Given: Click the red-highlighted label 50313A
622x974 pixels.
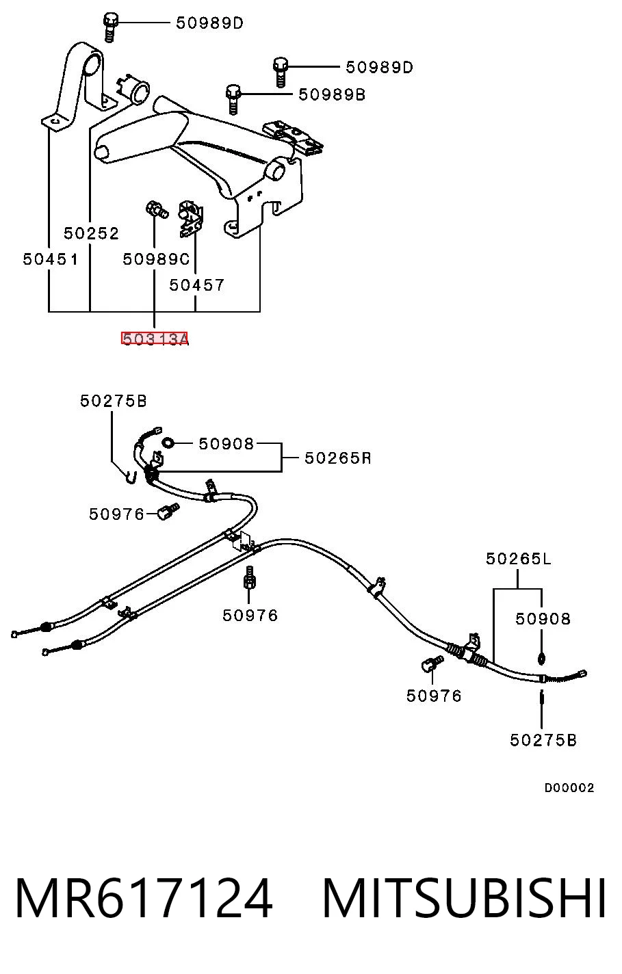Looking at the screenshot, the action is click(x=155, y=339).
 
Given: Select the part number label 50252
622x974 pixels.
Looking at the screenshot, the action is click(x=91, y=233).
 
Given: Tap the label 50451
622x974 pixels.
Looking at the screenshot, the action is click(x=51, y=260).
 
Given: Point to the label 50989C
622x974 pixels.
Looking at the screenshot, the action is click(x=156, y=260).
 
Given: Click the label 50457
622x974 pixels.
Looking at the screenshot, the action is click(x=196, y=285).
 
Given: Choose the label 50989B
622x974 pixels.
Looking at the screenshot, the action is click(x=332, y=95).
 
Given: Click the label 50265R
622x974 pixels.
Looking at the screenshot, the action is click(x=338, y=458).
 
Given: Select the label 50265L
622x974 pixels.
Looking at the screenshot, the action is click(x=519, y=559).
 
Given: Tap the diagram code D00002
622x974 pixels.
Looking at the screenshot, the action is click(x=569, y=788).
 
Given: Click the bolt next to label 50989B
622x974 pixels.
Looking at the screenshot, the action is click(x=233, y=99).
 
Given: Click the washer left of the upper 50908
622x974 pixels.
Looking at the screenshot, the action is click(x=168, y=443).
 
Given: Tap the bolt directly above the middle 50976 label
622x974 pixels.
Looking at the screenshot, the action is click(x=249, y=577).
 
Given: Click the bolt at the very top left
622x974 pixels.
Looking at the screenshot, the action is click(x=110, y=27).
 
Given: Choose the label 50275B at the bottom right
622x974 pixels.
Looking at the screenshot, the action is click(x=543, y=740).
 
